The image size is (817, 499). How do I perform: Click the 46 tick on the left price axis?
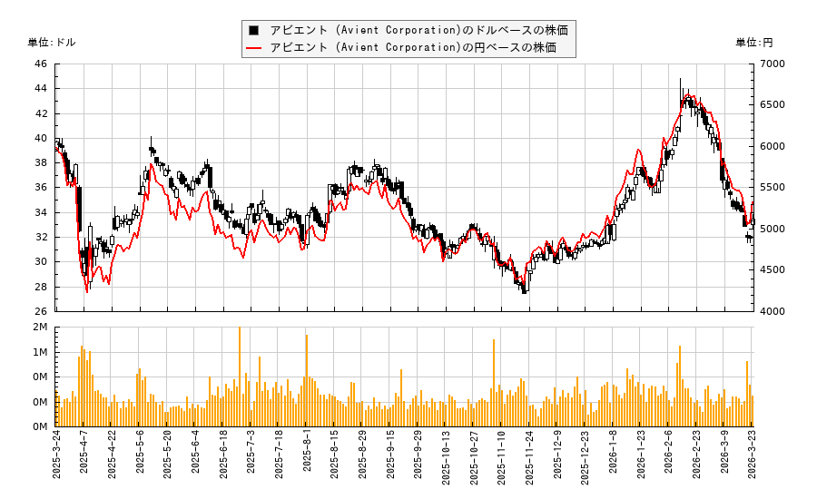click(x=41, y=64)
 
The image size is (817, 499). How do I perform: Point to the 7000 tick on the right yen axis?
click(x=773, y=64)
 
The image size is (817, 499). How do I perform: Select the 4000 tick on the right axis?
click(x=773, y=311)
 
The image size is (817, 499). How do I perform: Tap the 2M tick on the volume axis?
click(x=40, y=327)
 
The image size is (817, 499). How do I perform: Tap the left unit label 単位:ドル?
click(x=52, y=42)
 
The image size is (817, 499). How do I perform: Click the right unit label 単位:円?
click(x=753, y=42)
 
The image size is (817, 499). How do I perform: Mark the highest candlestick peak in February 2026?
click(x=680, y=80)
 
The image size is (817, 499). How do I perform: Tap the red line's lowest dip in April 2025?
click(x=87, y=291)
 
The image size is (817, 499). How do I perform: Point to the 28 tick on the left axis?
click(x=41, y=287)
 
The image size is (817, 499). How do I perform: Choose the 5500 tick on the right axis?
click(x=773, y=188)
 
